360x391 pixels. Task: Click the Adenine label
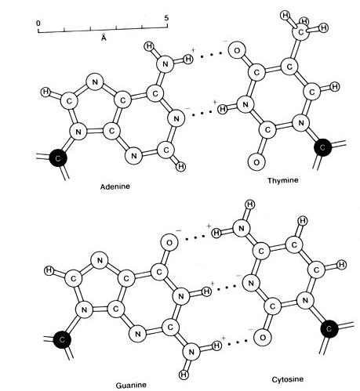pos(115,186)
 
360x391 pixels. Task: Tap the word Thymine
pos(283,180)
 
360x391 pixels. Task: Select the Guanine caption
pos(131,386)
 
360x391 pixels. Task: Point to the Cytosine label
pos(288,379)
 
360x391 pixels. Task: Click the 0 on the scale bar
pos(38,24)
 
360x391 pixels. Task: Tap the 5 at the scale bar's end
pos(166,18)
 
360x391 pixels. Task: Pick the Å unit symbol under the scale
pos(104,38)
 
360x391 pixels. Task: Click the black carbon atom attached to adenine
pos(58,158)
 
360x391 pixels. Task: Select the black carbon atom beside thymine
pos(323,147)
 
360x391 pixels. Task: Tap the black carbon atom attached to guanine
pos(62,339)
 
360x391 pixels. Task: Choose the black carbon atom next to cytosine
pos(329,328)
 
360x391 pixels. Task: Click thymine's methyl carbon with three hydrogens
pos(300,32)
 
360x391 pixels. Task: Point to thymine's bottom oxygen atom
pos(256,162)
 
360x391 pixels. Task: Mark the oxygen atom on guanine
pos(169,243)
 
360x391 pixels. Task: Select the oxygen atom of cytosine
pos(263,338)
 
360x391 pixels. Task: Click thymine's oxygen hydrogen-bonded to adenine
pos(237,50)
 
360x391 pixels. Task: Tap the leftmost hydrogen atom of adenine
pos(46,92)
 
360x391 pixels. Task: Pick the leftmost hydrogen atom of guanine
pos(49,270)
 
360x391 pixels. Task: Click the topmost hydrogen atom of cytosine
pos(250,205)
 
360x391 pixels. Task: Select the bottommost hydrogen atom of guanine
pos(184,375)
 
